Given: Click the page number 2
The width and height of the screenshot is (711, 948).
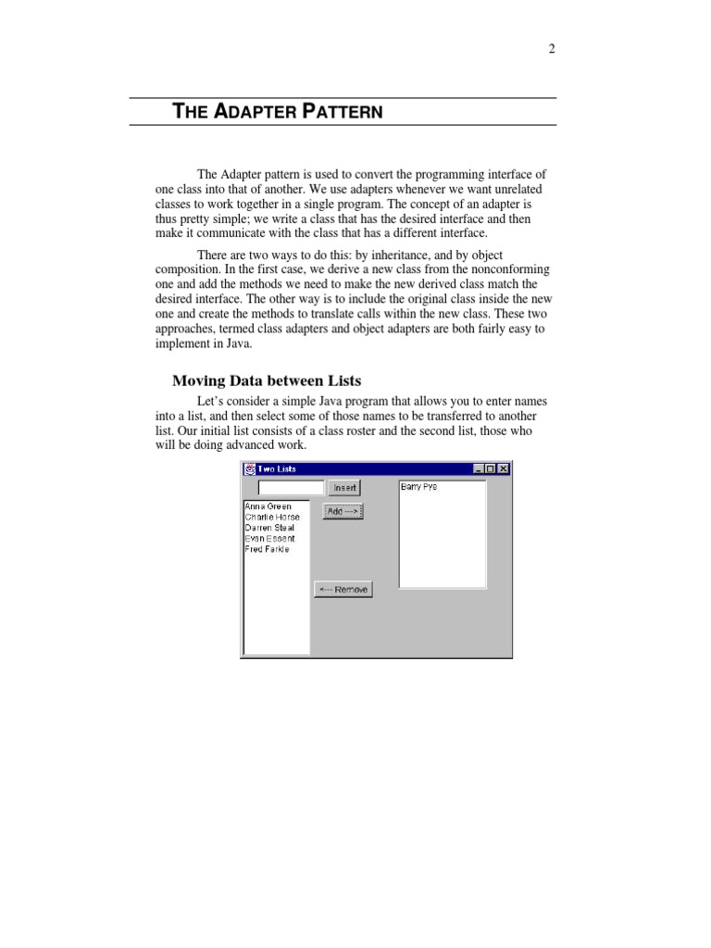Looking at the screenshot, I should pyautogui.click(x=552, y=49).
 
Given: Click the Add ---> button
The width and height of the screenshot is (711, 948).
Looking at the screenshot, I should pyautogui.click(x=343, y=511).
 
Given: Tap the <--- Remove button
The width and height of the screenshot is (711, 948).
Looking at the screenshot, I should pyautogui.click(x=343, y=590).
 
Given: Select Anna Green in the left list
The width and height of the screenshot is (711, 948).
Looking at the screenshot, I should pyautogui.click(x=268, y=506).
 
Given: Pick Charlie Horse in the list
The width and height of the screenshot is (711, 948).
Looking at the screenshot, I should pyautogui.click(x=272, y=517).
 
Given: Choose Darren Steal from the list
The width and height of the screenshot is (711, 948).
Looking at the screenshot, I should pyautogui.click(x=269, y=528).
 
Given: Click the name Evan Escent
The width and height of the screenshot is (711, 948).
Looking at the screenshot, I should pyautogui.click(x=269, y=538).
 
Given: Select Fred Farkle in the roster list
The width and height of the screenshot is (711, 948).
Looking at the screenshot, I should pyautogui.click(x=267, y=549).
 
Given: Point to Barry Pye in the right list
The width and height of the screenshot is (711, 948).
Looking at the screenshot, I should pyautogui.click(x=418, y=487).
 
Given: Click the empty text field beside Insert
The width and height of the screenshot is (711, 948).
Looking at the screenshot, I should pyautogui.click(x=291, y=487).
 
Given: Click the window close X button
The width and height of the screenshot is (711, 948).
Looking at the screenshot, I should pyautogui.click(x=503, y=469).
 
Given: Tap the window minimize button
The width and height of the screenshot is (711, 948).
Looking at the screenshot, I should pyautogui.click(x=478, y=469).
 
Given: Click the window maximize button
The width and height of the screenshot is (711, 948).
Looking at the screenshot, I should pyautogui.click(x=490, y=469).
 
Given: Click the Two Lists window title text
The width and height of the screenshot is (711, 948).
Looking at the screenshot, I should pyautogui.click(x=277, y=469).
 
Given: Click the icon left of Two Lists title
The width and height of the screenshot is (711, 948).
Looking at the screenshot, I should pyautogui.click(x=249, y=469).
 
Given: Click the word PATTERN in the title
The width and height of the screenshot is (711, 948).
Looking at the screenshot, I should pyautogui.click(x=343, y=112).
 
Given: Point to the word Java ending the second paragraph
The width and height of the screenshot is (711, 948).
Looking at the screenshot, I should pyautogui.click(x=237, y=343).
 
